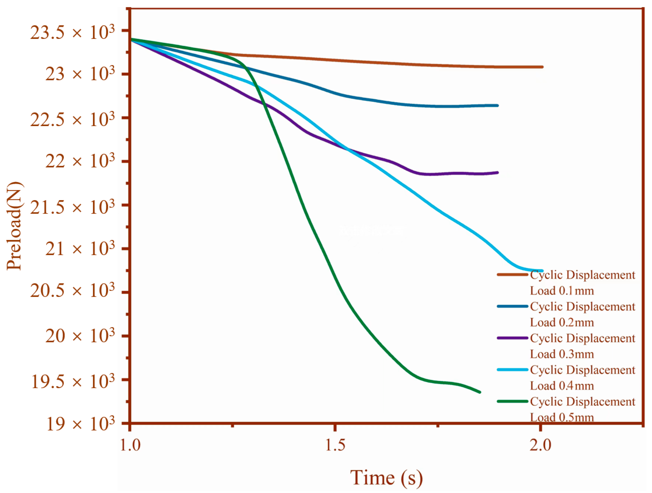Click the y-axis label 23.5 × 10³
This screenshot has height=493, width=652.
pyautogui.click(x=72, y=32)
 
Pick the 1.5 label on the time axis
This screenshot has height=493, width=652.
pyautogui.click(x=335, y=445)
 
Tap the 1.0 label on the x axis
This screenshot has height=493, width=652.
pyautogui.click(x=130, y=445)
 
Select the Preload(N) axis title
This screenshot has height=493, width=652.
pyautogui.click(x=14, y=227)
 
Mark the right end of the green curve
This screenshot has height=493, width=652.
pyautogui.click(x=480, y=392)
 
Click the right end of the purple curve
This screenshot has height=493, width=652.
pyautogui.click(x=497, y=173)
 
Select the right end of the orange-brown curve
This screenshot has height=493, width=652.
pyautogui.click(x=542, y=67)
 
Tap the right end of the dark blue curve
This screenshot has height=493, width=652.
pyautogui.click(x=497, y=105)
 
